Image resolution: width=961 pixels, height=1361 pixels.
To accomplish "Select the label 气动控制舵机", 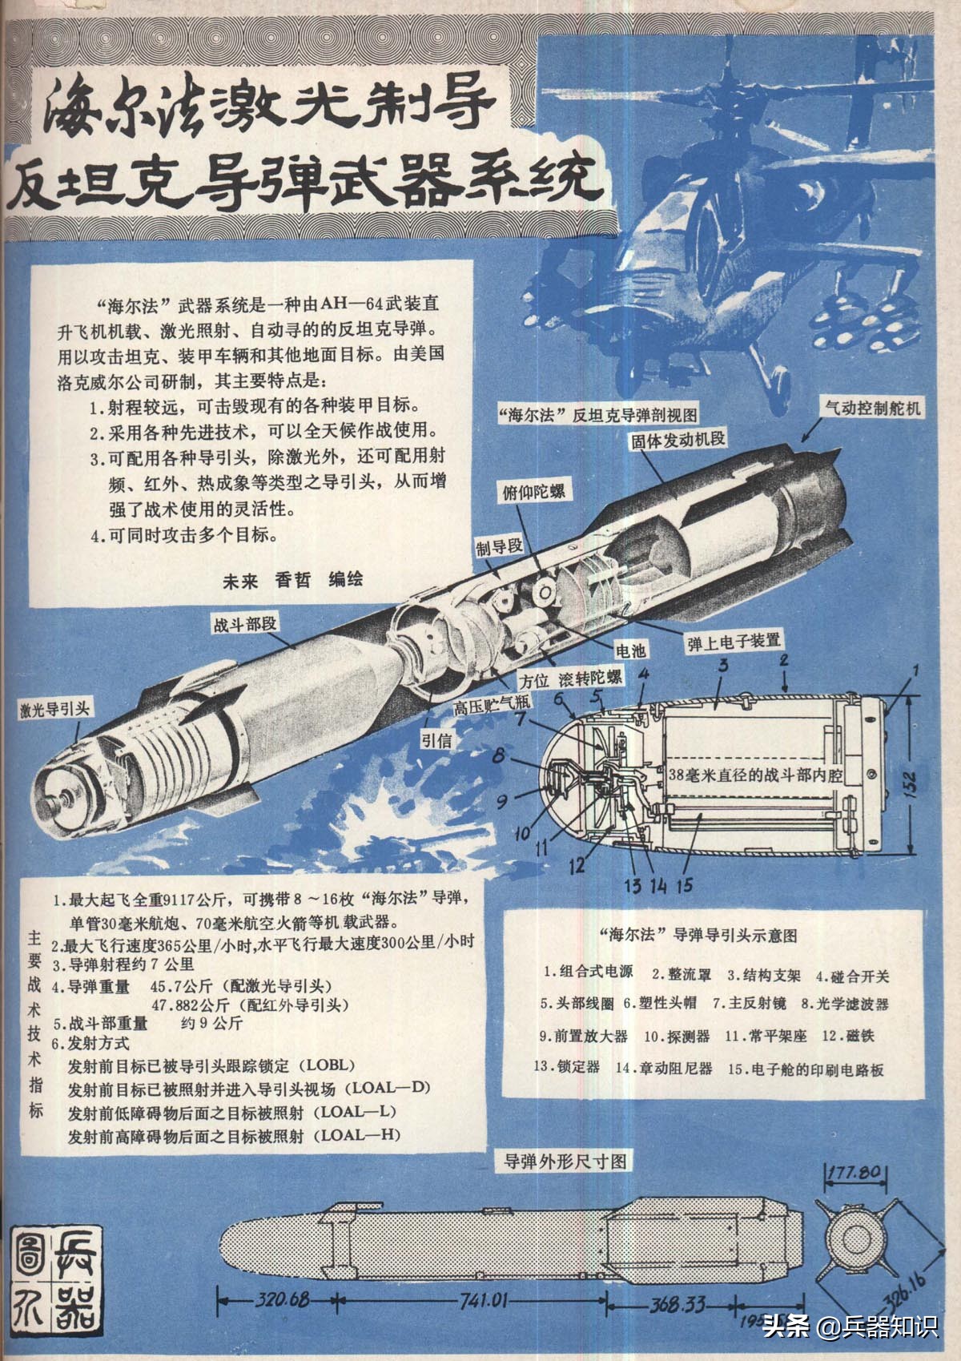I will click(873, 408).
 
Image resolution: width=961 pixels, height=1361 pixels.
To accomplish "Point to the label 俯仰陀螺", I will click(533, 491).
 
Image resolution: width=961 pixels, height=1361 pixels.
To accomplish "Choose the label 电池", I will click(629, 650).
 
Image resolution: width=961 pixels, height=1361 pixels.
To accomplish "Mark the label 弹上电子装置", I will click(734, 642).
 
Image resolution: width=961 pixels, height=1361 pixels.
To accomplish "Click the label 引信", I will click(436, 740).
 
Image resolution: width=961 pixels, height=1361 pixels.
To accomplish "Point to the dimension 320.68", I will click(282, 1299).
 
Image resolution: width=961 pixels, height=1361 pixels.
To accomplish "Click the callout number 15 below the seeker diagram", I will click(684, 885).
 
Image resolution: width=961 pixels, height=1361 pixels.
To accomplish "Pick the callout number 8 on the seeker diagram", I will click(497, 755).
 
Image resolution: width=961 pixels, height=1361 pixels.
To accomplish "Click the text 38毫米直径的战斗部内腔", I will click(755, 775).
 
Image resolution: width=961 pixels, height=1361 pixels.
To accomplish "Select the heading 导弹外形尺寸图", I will click(565, 1162).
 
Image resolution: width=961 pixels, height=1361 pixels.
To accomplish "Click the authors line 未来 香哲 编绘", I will click(292, 580).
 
